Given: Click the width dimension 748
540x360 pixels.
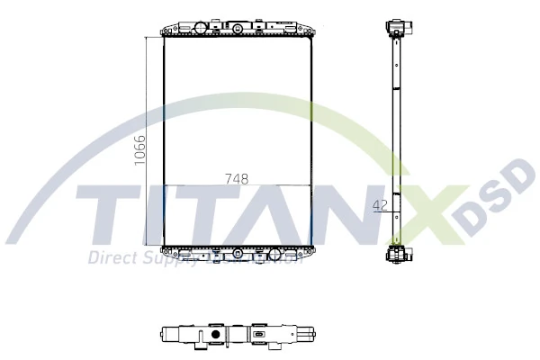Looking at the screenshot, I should [x=237, y=178].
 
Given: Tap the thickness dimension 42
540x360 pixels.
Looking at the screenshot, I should [x=380, y=205].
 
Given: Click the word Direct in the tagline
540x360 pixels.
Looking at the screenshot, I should [x=109, y=258].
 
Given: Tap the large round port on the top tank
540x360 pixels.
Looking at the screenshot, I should [x=237, y=30].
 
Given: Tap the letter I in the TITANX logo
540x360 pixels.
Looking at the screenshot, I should [x=157, y=217].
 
